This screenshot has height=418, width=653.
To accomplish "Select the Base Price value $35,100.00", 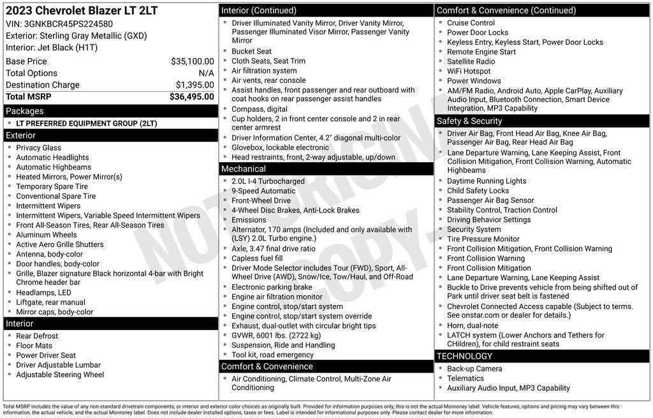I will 192,61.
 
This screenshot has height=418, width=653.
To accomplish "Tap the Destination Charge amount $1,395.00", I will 194,85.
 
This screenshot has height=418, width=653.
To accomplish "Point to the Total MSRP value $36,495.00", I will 191,97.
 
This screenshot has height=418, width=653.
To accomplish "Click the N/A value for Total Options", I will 206,73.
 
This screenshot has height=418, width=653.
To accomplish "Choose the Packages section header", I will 25,111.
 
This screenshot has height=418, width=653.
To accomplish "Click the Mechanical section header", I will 243,169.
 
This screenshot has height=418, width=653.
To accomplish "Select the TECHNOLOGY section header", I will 464,356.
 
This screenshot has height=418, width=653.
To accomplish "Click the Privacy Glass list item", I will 38,148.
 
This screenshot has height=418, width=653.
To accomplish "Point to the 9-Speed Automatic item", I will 263,191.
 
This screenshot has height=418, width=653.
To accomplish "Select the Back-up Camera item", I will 474,369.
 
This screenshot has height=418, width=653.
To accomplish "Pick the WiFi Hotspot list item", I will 469,71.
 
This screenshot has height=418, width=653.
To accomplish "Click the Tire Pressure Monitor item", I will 483,239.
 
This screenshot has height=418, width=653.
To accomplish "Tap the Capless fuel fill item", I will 257,258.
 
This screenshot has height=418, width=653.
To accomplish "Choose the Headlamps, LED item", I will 43,293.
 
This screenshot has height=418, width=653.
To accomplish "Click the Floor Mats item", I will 34,346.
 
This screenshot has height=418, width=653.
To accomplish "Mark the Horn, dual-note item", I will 473,325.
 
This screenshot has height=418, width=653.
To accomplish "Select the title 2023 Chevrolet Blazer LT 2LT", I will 82,11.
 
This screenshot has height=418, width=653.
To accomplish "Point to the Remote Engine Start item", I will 481,52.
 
